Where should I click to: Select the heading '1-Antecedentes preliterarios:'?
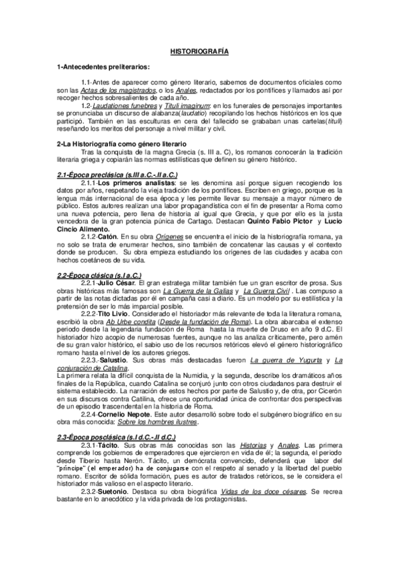point(103,67)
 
